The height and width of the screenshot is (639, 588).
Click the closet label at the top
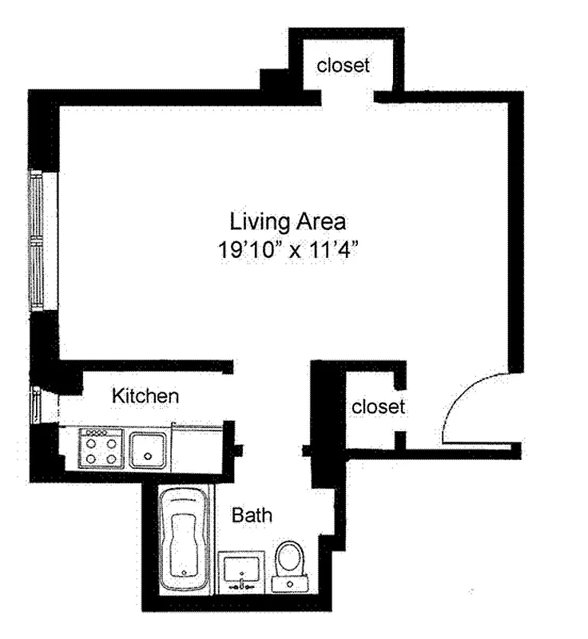(x=344, y=65)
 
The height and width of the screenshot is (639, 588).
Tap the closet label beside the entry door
(x=378, y=407)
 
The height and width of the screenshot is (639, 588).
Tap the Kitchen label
(x=145, y=395)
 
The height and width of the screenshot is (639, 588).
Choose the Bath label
(x=252, y=515)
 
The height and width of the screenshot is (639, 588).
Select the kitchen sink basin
(x=148, y=448)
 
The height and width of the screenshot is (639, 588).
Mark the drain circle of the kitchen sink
(x=147, y=457)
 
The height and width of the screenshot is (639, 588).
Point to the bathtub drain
(x=185, y=572)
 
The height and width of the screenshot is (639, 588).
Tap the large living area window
(x=36, y=239)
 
